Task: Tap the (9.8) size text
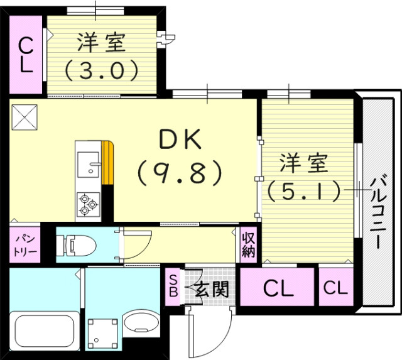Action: click(x=180, y=172)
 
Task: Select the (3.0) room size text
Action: click(x=101, y=70)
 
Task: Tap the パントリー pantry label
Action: click(x=24, y=246)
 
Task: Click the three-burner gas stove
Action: click(x=87, y=203)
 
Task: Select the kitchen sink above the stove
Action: click(x=89, y=165)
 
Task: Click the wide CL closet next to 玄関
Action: click(x=278, y=289)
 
